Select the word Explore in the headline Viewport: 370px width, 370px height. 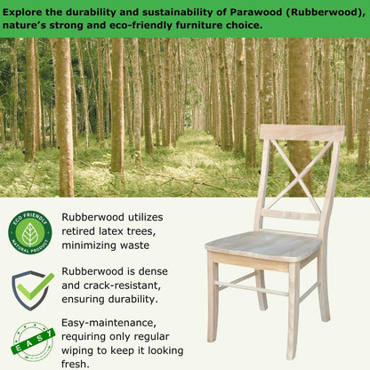click(x=34, y=12)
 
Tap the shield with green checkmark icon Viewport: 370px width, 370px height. click(x=31, y=290)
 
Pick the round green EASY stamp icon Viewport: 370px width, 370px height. click(x=31, y=343)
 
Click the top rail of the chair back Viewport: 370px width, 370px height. click(x=302, y=133)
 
